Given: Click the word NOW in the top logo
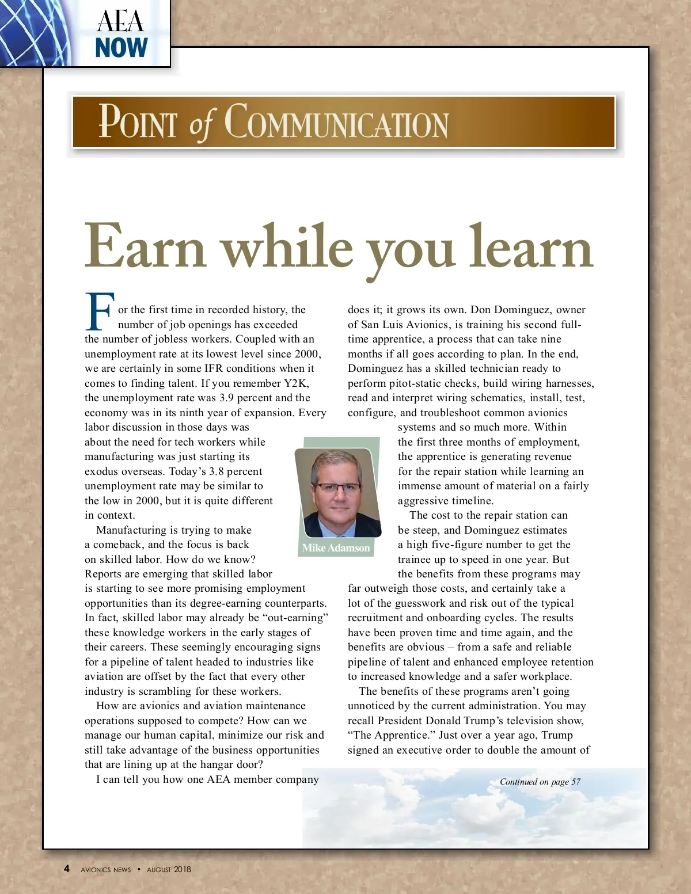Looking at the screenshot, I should [x=122, y=48].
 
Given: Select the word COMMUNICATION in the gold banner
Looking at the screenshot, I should [x=336, y=122].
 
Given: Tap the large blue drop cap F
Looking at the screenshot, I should [x=100, y=311].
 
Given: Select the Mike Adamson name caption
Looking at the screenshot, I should [x=336, y=548].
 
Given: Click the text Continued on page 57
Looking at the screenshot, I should [x=540, y=782].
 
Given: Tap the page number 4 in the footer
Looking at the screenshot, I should [x=67, y=869].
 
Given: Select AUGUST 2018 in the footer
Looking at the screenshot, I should [x=169, y=869].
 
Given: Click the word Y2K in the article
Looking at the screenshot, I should [x=296, y=383].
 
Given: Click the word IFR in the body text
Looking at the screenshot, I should [x=214, y=368].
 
